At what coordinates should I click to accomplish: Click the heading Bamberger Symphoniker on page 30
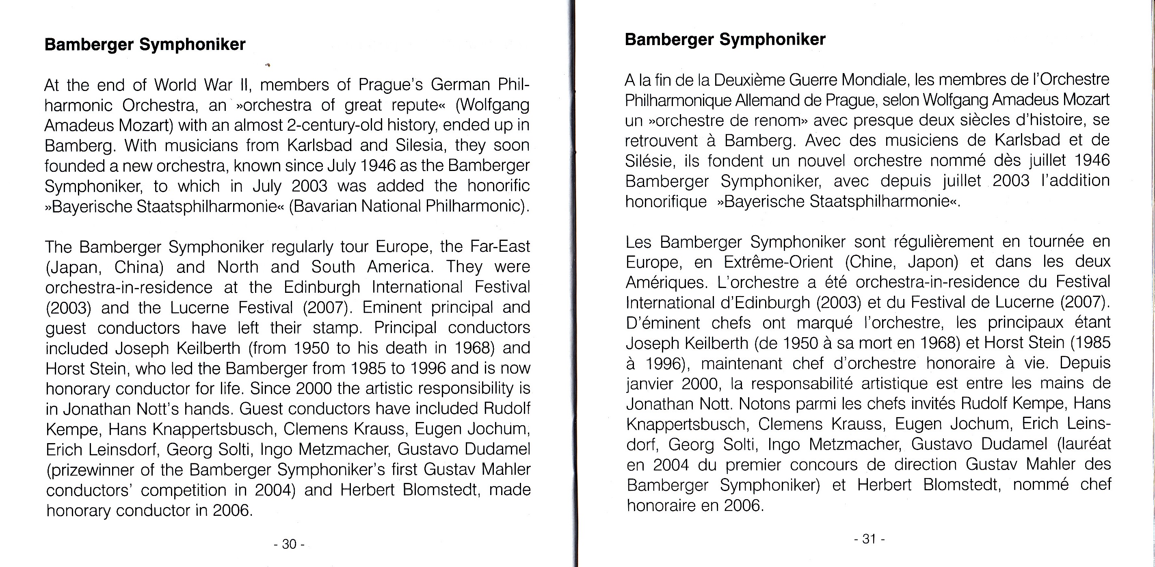145,44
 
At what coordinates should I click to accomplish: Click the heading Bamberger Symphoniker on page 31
725,39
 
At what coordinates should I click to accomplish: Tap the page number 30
289,544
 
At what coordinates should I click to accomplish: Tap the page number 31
869,539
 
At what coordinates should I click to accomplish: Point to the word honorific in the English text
498,186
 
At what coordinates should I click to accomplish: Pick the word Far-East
500,246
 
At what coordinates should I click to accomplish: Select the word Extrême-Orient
778,262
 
